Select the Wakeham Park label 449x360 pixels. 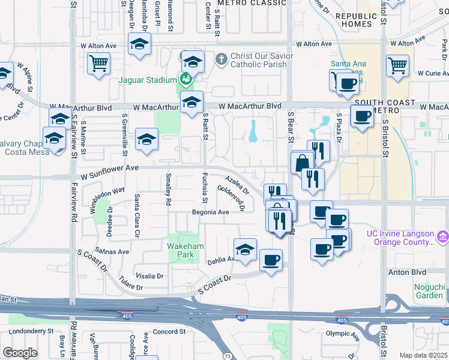click(x=185, y=250)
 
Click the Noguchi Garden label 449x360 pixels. click(x=430, y=291)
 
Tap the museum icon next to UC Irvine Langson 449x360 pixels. click(x=442, y=237)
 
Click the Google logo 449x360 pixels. click(x=20, y=353)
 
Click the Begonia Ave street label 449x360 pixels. click(x=210, y=212)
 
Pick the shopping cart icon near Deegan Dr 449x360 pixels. click(x=98, y=62)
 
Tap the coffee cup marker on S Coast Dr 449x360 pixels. click(x=271, y=260)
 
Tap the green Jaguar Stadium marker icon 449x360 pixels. click(x=185, y=79)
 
